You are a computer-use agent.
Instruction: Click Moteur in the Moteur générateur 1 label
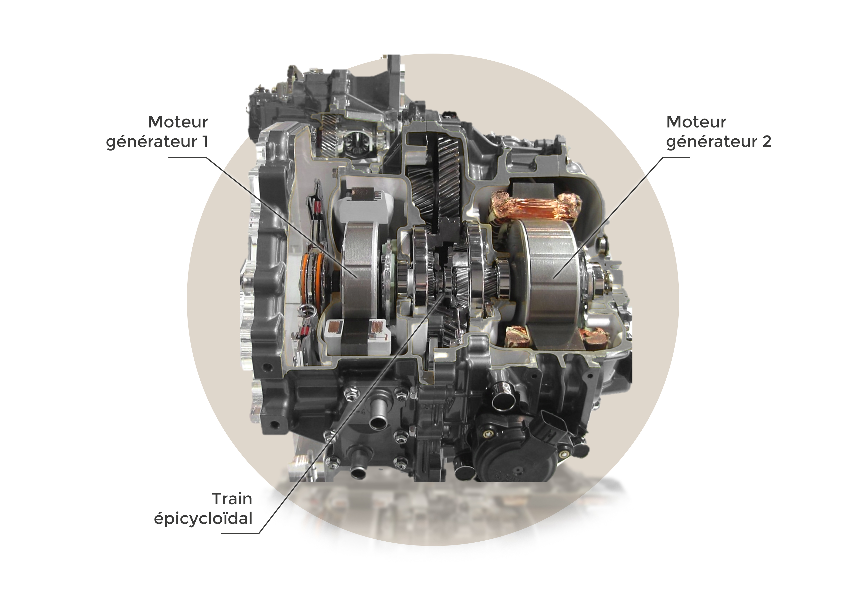pyautogui.click(x=178, y=122)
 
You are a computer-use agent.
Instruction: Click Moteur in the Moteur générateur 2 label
pyautogui.click(x=696, y=122)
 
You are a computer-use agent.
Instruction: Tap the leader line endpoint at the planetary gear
pyautogui.click(x=446, y=293)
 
